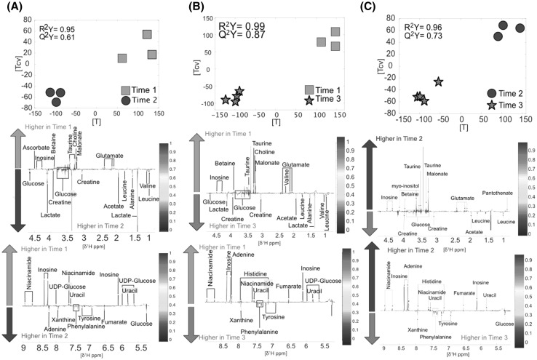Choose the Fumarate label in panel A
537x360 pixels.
(x=114, y=321)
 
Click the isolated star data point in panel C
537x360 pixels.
(x=438, y=82)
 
